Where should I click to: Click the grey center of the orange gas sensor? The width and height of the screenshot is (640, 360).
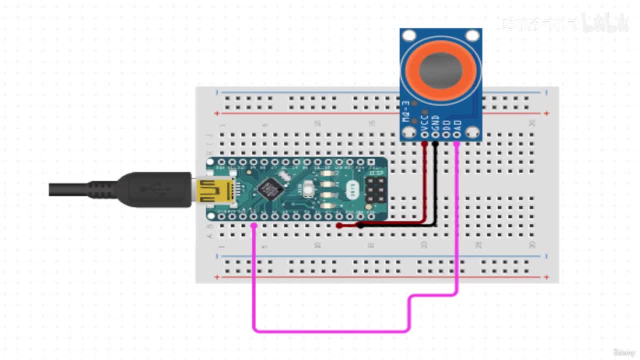click(440, 70)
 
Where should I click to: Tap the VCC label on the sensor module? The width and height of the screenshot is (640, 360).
click(425, 121)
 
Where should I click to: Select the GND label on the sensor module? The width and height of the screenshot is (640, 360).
click(435, 121)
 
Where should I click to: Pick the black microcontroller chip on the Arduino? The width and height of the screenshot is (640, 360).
click(270, 189)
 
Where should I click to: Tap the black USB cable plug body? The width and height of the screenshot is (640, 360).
click(155, 189)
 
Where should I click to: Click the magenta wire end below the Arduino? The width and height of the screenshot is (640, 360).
click(254, 226)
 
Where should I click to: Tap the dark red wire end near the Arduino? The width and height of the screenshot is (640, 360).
click(339, 225)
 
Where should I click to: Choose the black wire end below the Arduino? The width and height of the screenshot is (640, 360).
click(360, 225)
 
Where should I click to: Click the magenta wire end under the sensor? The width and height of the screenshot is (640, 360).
click(457, 144)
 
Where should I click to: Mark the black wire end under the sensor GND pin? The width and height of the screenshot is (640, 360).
click(435, 144)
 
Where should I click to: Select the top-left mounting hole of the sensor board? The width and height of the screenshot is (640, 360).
click(409, 35)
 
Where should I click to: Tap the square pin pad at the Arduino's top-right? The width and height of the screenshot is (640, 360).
click(371, 162)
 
